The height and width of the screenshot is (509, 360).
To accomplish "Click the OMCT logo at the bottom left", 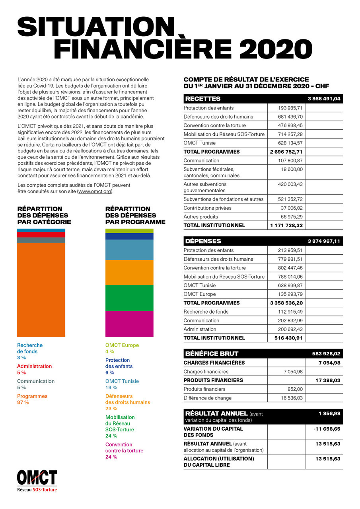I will coord(37,480).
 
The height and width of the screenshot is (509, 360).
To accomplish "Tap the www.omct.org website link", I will coord(95,191).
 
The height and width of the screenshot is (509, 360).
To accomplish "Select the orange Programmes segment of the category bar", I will coord(41,289).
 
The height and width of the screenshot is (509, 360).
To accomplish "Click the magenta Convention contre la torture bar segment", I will coord(129,324).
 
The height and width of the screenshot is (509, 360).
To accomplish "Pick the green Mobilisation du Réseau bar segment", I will coord(129,298).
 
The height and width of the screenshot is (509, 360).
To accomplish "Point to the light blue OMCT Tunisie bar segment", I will coord(129,250).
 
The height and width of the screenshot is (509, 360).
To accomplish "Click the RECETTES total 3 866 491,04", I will coord(324,99).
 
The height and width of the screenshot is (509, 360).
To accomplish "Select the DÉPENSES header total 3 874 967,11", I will coord(324,241).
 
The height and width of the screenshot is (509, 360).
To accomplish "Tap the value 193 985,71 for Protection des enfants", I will coord(290,108).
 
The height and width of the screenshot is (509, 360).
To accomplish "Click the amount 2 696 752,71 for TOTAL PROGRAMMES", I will coord(286,152).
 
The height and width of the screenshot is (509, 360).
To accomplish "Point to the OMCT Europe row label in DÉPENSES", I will coord(200,294).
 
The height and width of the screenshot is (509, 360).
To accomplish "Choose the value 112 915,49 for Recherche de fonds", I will coord(290,312).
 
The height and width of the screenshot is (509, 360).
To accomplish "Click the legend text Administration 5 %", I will coord(34,369).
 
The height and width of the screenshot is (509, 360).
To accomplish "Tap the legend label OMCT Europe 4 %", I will coord(122,348).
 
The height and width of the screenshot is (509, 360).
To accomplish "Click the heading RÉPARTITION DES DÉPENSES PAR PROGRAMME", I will coord(135,215).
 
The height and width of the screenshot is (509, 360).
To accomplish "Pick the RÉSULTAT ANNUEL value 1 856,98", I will coord(329,413).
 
